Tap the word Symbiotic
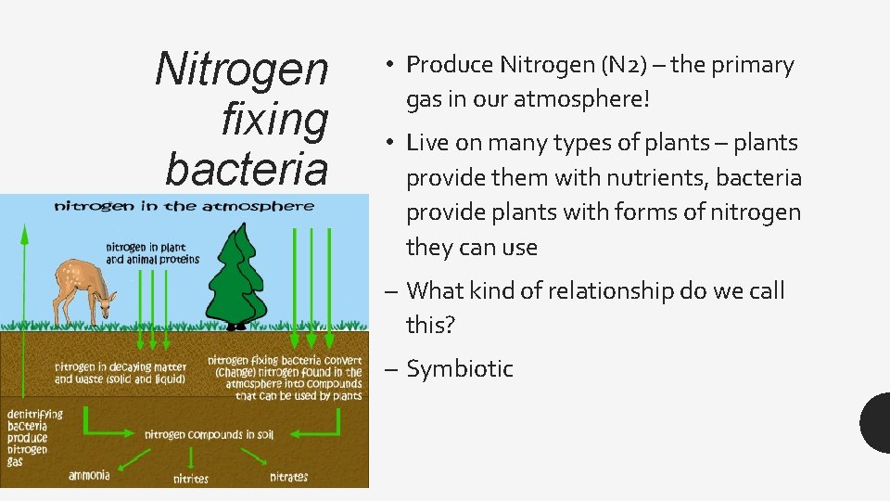point(460,369)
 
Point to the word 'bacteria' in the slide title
point(247,168)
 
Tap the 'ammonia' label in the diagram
point(89,476)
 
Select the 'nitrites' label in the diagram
point(191,480)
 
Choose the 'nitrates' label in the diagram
point(288,477)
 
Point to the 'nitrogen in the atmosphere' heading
point(184,206)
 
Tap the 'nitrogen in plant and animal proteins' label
point(152,253)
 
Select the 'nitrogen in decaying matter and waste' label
point(120,373)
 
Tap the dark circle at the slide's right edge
point(877,422)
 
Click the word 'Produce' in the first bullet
point(450,65)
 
